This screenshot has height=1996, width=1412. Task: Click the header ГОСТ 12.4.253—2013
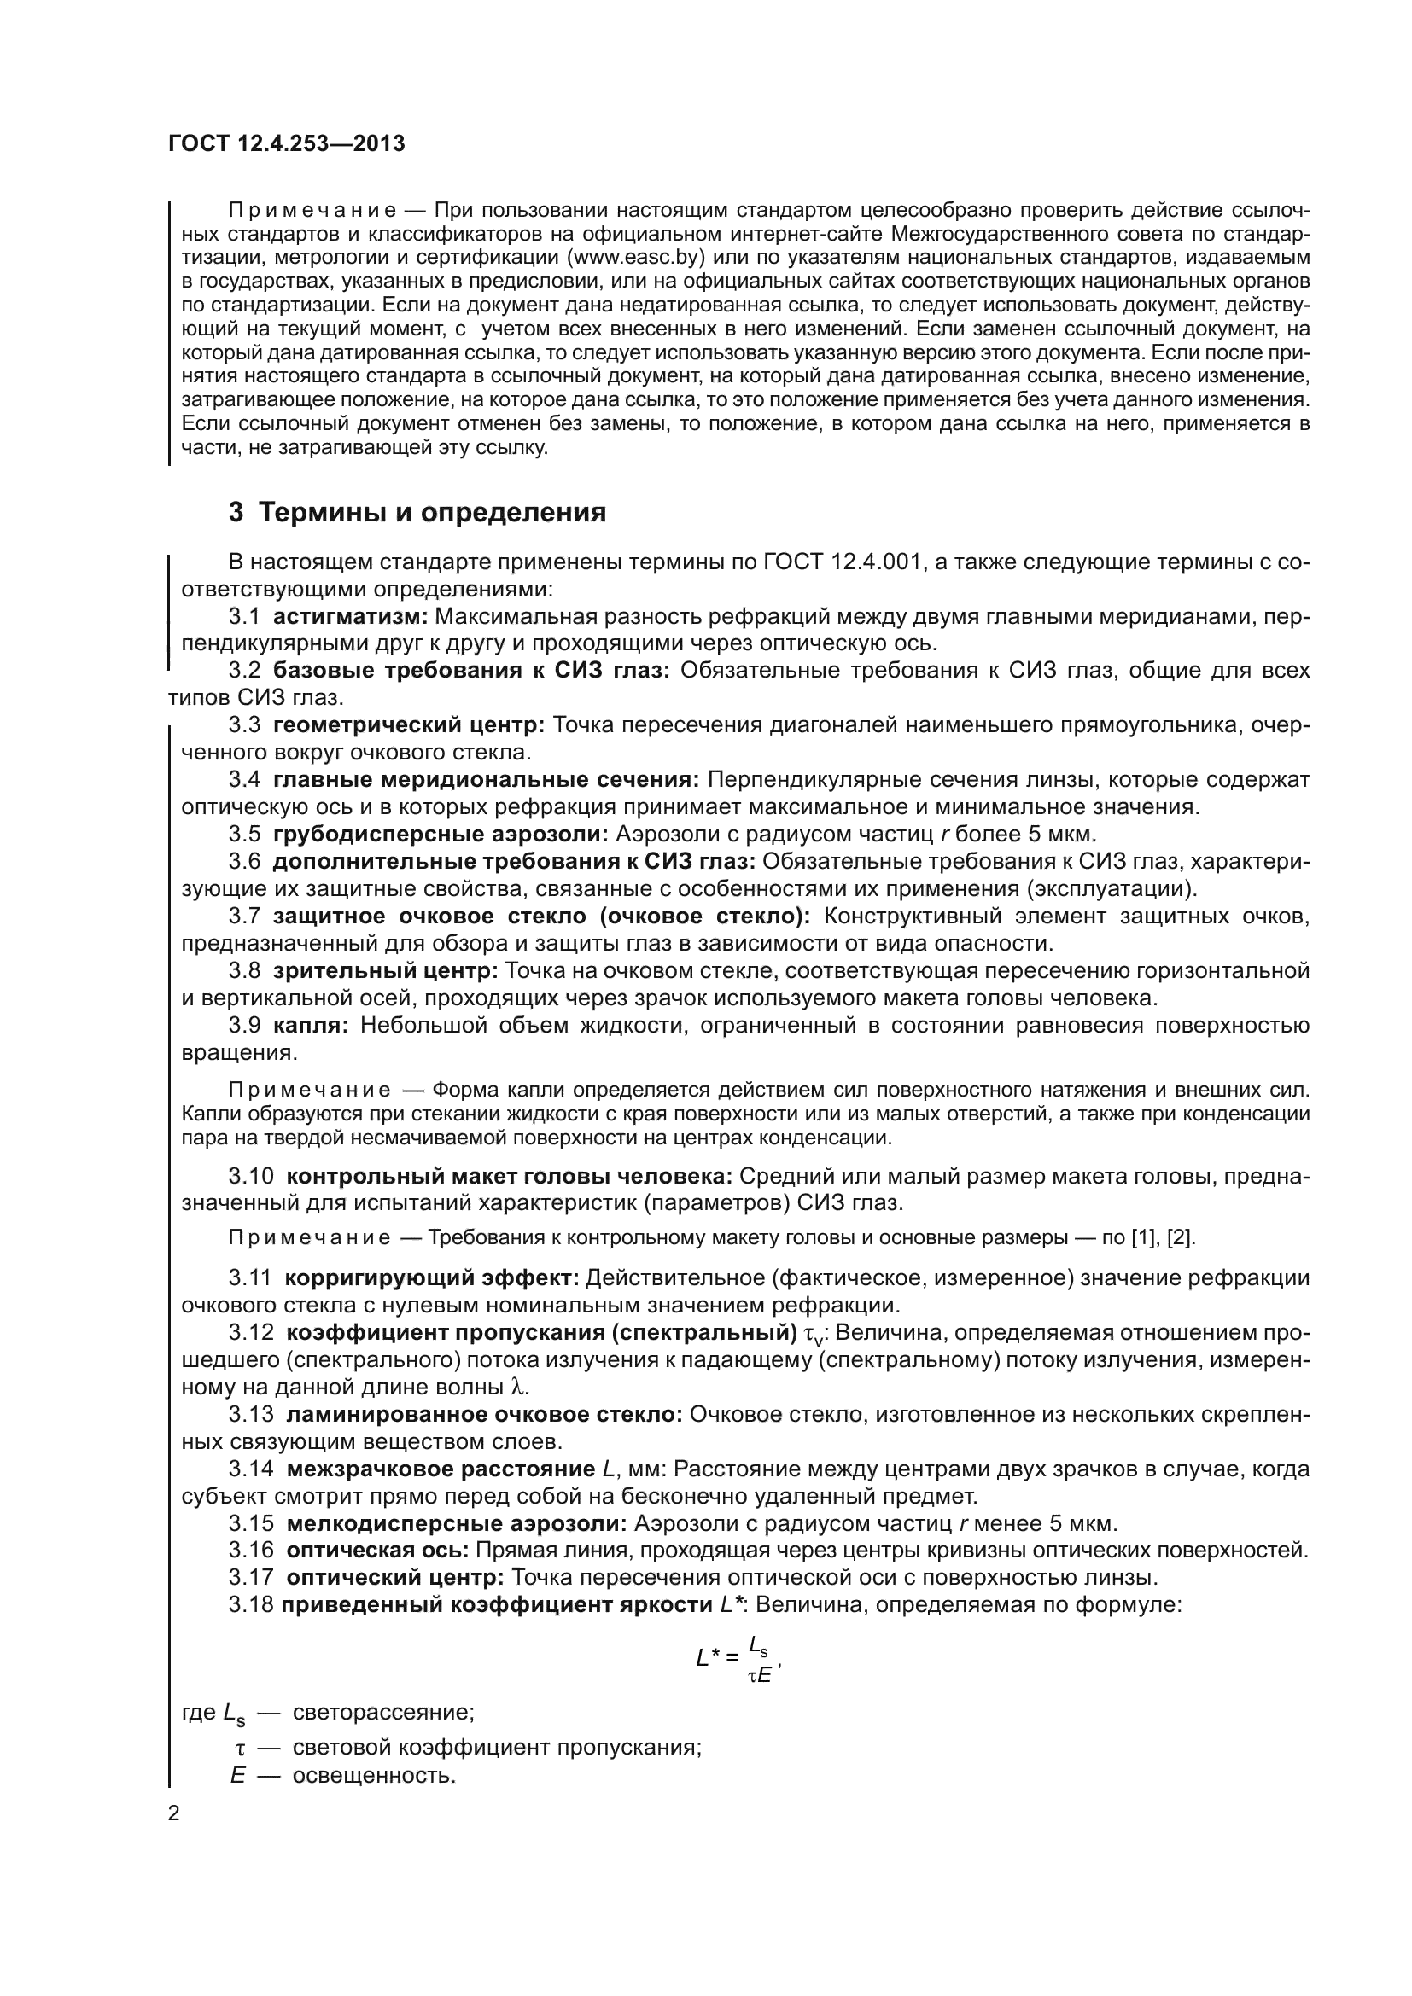coord(286,143)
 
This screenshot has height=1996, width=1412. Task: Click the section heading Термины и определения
coord(417,512)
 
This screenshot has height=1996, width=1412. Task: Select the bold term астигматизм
coord(350,616)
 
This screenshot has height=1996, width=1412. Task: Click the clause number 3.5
coord(244,834)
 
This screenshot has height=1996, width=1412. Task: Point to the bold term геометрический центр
coord(409,725)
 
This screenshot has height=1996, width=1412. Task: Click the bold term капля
coord(311,1025)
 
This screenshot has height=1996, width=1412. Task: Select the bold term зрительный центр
coord(385,970)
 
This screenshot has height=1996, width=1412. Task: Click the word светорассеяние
coord(383,1713)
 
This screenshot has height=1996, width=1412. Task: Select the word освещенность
coord(374,1775)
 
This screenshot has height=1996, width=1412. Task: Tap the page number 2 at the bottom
coord(174,1813)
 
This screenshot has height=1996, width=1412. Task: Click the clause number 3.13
coord(250,1414)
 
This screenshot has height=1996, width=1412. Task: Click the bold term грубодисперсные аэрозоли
coord(441,834)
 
